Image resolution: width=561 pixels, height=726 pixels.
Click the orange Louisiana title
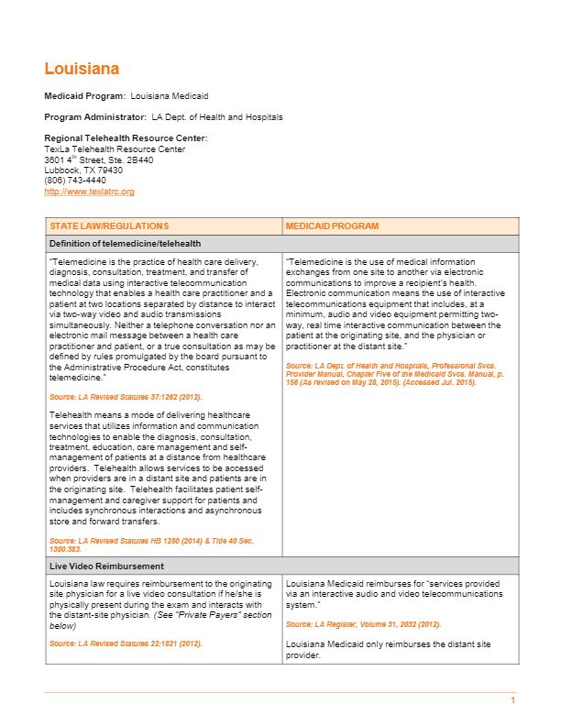tap(82, 69)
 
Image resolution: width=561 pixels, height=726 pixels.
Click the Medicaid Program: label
tap(84, 95)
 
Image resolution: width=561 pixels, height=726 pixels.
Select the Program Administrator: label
tap(95, 117)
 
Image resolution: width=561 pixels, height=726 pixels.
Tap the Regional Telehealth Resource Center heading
tap(126, 138)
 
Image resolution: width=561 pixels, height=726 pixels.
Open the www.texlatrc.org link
tap(89, 192)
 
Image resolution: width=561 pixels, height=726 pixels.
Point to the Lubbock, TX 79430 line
tap(83, 170)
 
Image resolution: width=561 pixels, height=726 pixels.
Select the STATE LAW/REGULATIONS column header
tap(109, 225)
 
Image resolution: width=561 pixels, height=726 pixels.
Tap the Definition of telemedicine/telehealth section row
tap(126, 243)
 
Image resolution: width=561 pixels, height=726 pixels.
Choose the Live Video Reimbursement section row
tap(106, 566)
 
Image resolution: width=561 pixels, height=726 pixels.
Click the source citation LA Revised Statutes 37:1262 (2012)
tap(126, 397)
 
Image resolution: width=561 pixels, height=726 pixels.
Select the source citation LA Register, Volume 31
tap(363, 624)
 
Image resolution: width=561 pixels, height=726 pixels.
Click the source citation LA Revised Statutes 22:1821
tap(126, 643)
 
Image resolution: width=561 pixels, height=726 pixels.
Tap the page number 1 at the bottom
tap(513, 700)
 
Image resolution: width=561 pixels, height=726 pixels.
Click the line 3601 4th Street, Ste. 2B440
tap(98, 159)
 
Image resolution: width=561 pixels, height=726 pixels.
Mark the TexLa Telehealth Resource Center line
tap(115, 149)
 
